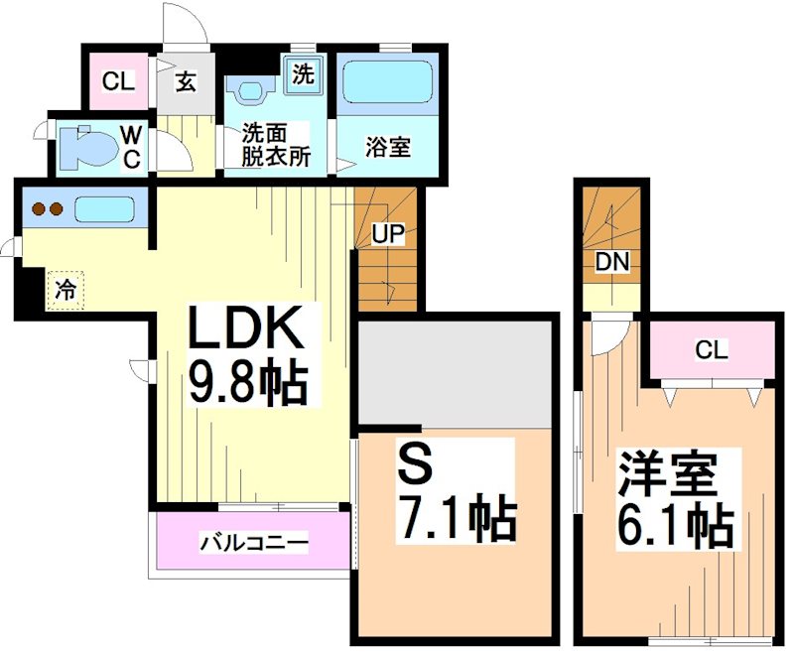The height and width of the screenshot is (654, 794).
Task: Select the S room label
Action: coord(414,460)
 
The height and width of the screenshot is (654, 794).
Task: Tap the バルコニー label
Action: coord(254,543)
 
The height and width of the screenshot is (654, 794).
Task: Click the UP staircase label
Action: coord(387,234)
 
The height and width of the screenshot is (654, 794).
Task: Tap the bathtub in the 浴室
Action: coord(387,88)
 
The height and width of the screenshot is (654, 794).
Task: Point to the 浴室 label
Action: coord(388,148)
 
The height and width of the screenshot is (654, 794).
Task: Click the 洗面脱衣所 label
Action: coord(277,145)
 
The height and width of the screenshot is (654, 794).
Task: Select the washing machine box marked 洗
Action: coord(303,72)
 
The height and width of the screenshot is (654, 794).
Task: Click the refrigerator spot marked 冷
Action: coord(65,290)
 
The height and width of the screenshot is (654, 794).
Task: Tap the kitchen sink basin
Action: coord(103,209)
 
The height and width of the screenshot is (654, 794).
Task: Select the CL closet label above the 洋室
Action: coord(711,349)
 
